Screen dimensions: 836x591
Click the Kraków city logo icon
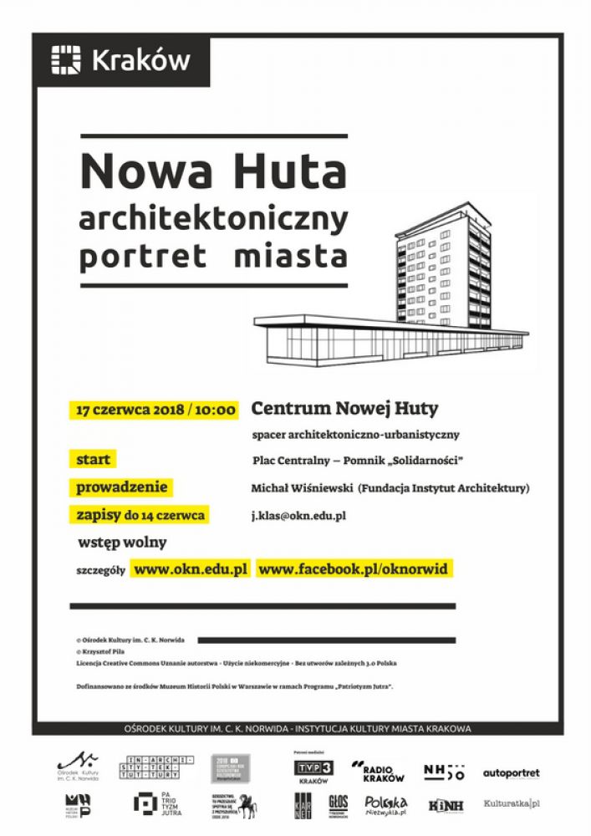point(66,60)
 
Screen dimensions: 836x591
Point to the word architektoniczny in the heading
point(213,218)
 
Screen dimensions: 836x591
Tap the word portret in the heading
point(142,255)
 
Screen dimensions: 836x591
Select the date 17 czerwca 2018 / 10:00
point(155,410)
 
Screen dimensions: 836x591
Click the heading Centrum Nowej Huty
point(345,409)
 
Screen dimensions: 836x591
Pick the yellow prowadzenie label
point(122,487)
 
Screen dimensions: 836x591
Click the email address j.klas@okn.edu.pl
point(299,516)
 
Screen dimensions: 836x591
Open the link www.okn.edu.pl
point(191,569)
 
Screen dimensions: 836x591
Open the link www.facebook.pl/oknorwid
point(354,569)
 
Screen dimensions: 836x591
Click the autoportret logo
point(512,773)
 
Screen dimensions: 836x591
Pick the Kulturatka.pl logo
point(512,804)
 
